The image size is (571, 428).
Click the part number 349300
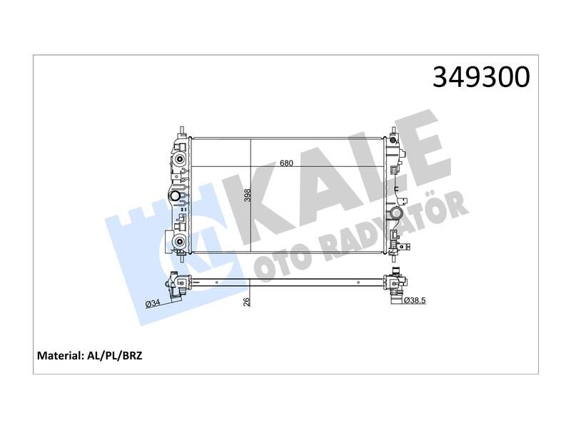coord(481,78)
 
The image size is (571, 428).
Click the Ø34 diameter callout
coord(152,304)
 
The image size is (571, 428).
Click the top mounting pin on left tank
coord(182,131)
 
